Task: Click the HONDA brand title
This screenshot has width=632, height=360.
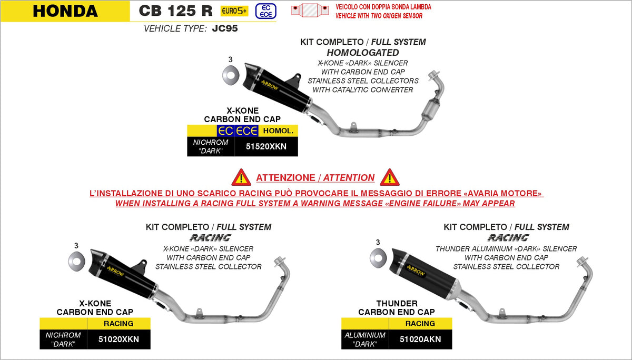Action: tap(65, 11)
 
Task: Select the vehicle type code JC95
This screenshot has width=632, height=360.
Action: tap(224, 29)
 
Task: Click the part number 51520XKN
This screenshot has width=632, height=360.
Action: tap(266, 147)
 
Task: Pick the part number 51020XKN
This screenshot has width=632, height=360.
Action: tap(119, 339)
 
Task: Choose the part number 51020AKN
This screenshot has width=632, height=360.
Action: tap(420, 339)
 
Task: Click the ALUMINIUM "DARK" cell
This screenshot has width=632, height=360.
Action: tap(365, 339)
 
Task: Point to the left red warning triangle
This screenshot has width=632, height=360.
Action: tap(241, 177)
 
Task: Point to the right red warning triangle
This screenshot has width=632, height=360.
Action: tap(390, 177)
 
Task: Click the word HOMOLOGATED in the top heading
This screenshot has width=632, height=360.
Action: tap(363, 53)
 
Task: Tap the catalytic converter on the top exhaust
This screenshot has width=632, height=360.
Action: tap(436, 108)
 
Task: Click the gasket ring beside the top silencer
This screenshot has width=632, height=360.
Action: tap(230, 75)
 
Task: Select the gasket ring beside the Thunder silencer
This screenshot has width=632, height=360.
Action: tap(378, 257)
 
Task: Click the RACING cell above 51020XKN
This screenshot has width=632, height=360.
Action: tap(118, 324)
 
